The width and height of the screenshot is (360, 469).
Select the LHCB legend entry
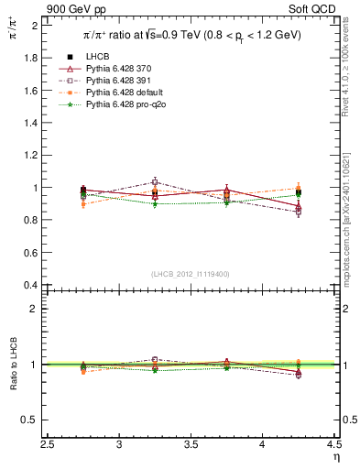point(98,59)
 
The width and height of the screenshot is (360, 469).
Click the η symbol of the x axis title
point(336,457)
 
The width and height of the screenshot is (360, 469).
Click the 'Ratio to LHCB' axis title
point(12,365)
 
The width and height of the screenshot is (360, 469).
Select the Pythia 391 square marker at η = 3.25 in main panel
point(155,182)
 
